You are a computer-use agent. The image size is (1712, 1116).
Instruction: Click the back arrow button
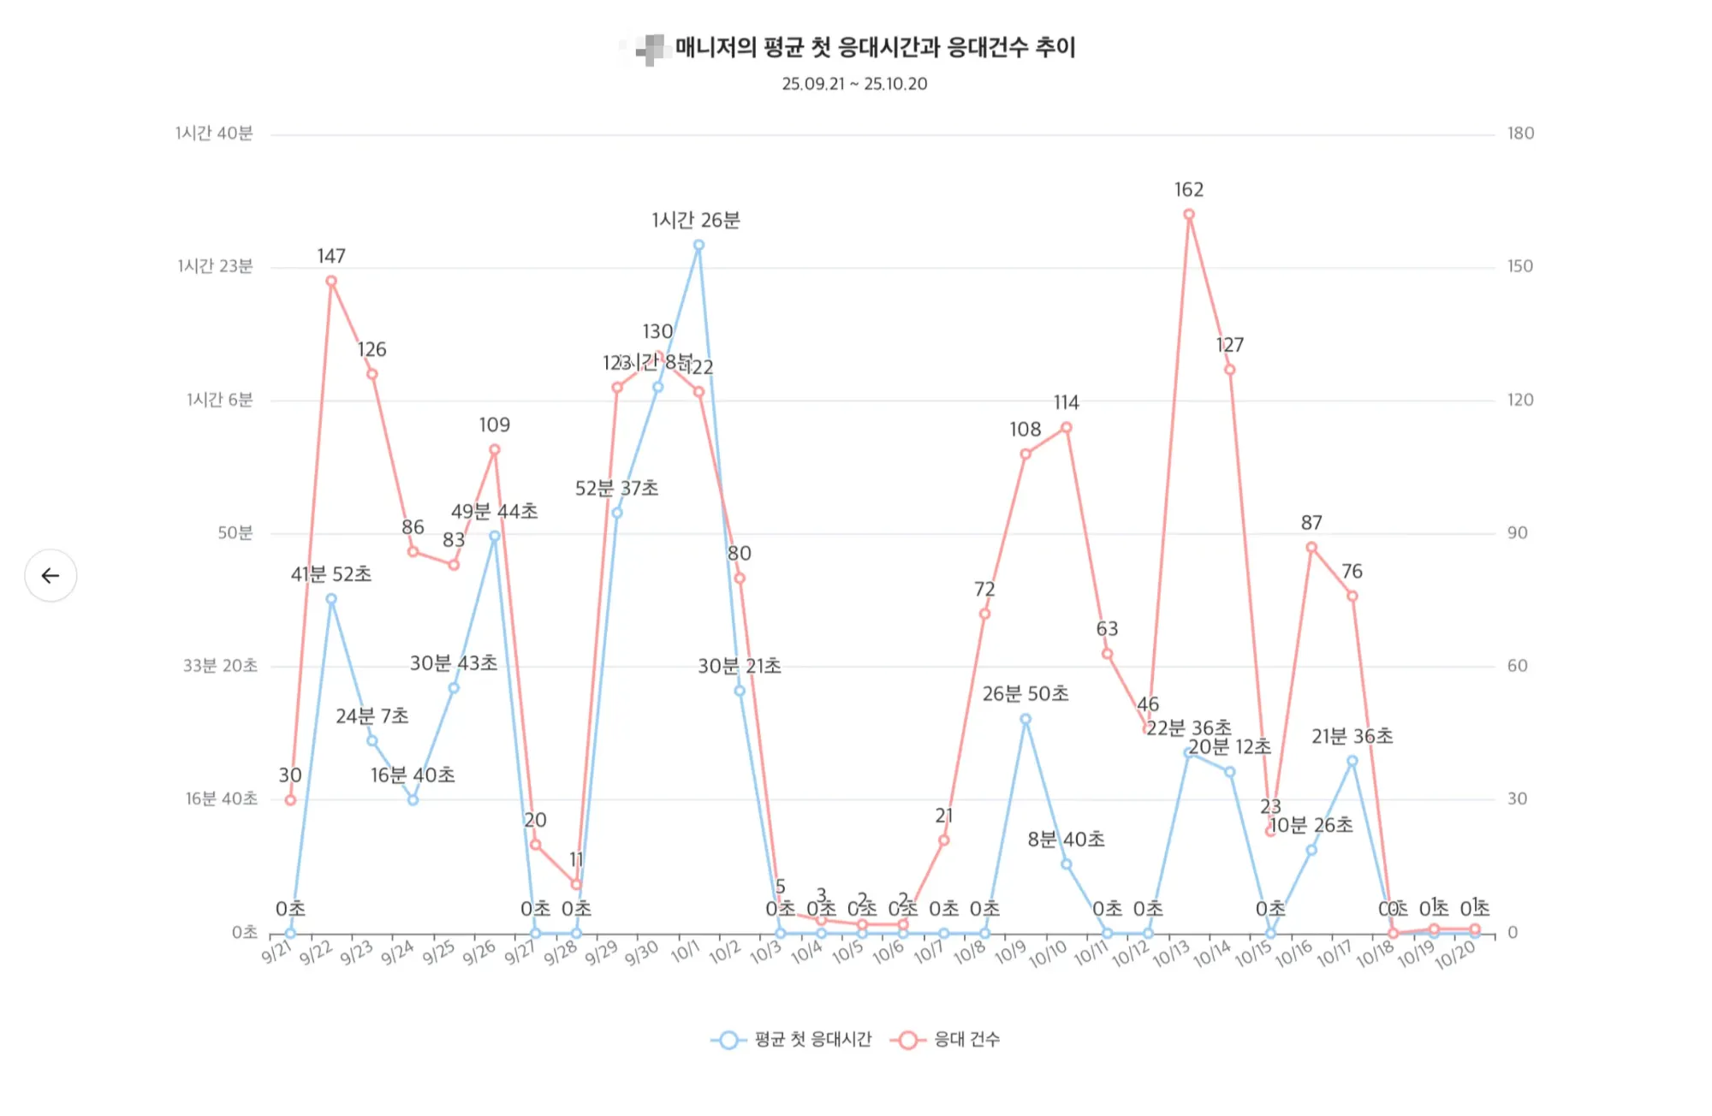coord(51,575)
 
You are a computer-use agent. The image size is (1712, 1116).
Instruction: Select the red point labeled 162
coord(1189,215)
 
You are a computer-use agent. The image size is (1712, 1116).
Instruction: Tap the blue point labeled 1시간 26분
coord(698,246)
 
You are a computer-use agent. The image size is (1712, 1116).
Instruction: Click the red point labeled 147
coord(331,281)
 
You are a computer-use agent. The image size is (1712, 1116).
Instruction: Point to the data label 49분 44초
coord(495,512)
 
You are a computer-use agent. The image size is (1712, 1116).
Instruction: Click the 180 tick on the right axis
coord(1520,134)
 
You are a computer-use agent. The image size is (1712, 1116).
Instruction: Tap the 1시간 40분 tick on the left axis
coord(214,134)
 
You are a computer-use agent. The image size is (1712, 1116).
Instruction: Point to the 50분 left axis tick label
coord(235,533)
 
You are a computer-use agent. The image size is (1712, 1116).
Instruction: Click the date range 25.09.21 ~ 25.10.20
coord(854,84)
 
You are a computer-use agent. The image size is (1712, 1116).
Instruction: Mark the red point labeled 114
coord(1066,428)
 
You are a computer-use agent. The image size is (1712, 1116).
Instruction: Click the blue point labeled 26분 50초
coord(1025,720)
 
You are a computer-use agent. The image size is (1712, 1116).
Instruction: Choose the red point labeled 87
coord(1311,548)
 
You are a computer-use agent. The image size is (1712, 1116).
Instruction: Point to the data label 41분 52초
coord(331,574)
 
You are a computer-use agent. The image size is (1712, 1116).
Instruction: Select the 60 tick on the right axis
coord(1517,666)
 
